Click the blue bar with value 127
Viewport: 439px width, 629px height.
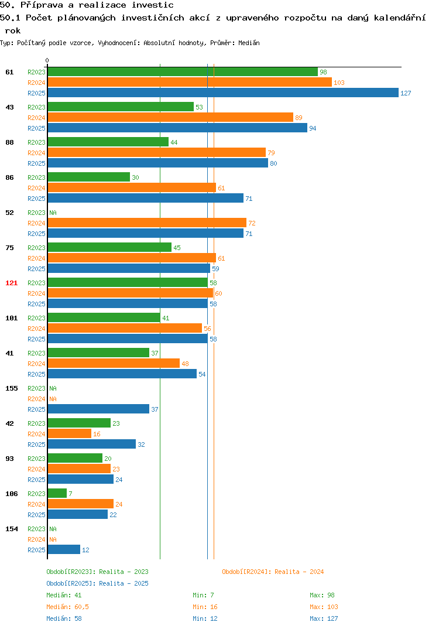[x=223, y=93]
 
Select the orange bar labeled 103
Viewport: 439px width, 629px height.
[x=190, y=82]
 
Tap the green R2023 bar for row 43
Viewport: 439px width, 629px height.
[x=121, y=107]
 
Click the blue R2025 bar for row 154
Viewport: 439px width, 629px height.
[x=64, y=549]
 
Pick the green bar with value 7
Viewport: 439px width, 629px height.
[x=57, y=493]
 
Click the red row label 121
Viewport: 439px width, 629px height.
[x=12, y=283]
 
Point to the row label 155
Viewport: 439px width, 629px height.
[x=12, y=388]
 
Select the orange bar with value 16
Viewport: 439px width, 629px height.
[x=69, y=433]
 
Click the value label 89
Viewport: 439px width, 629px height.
[x=299, y=118]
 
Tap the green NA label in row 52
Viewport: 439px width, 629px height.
[x=53, y=213]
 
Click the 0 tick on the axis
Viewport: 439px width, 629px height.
[x=47, y=60]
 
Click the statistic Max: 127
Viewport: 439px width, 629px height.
[x=324, y=618]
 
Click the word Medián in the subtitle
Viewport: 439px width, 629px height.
[x=249, y=43]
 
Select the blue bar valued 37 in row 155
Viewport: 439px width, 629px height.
[x=98, y=409]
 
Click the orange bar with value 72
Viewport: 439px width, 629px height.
[x=147, y=223]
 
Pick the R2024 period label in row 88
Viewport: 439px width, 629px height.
[x=36, y=153]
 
